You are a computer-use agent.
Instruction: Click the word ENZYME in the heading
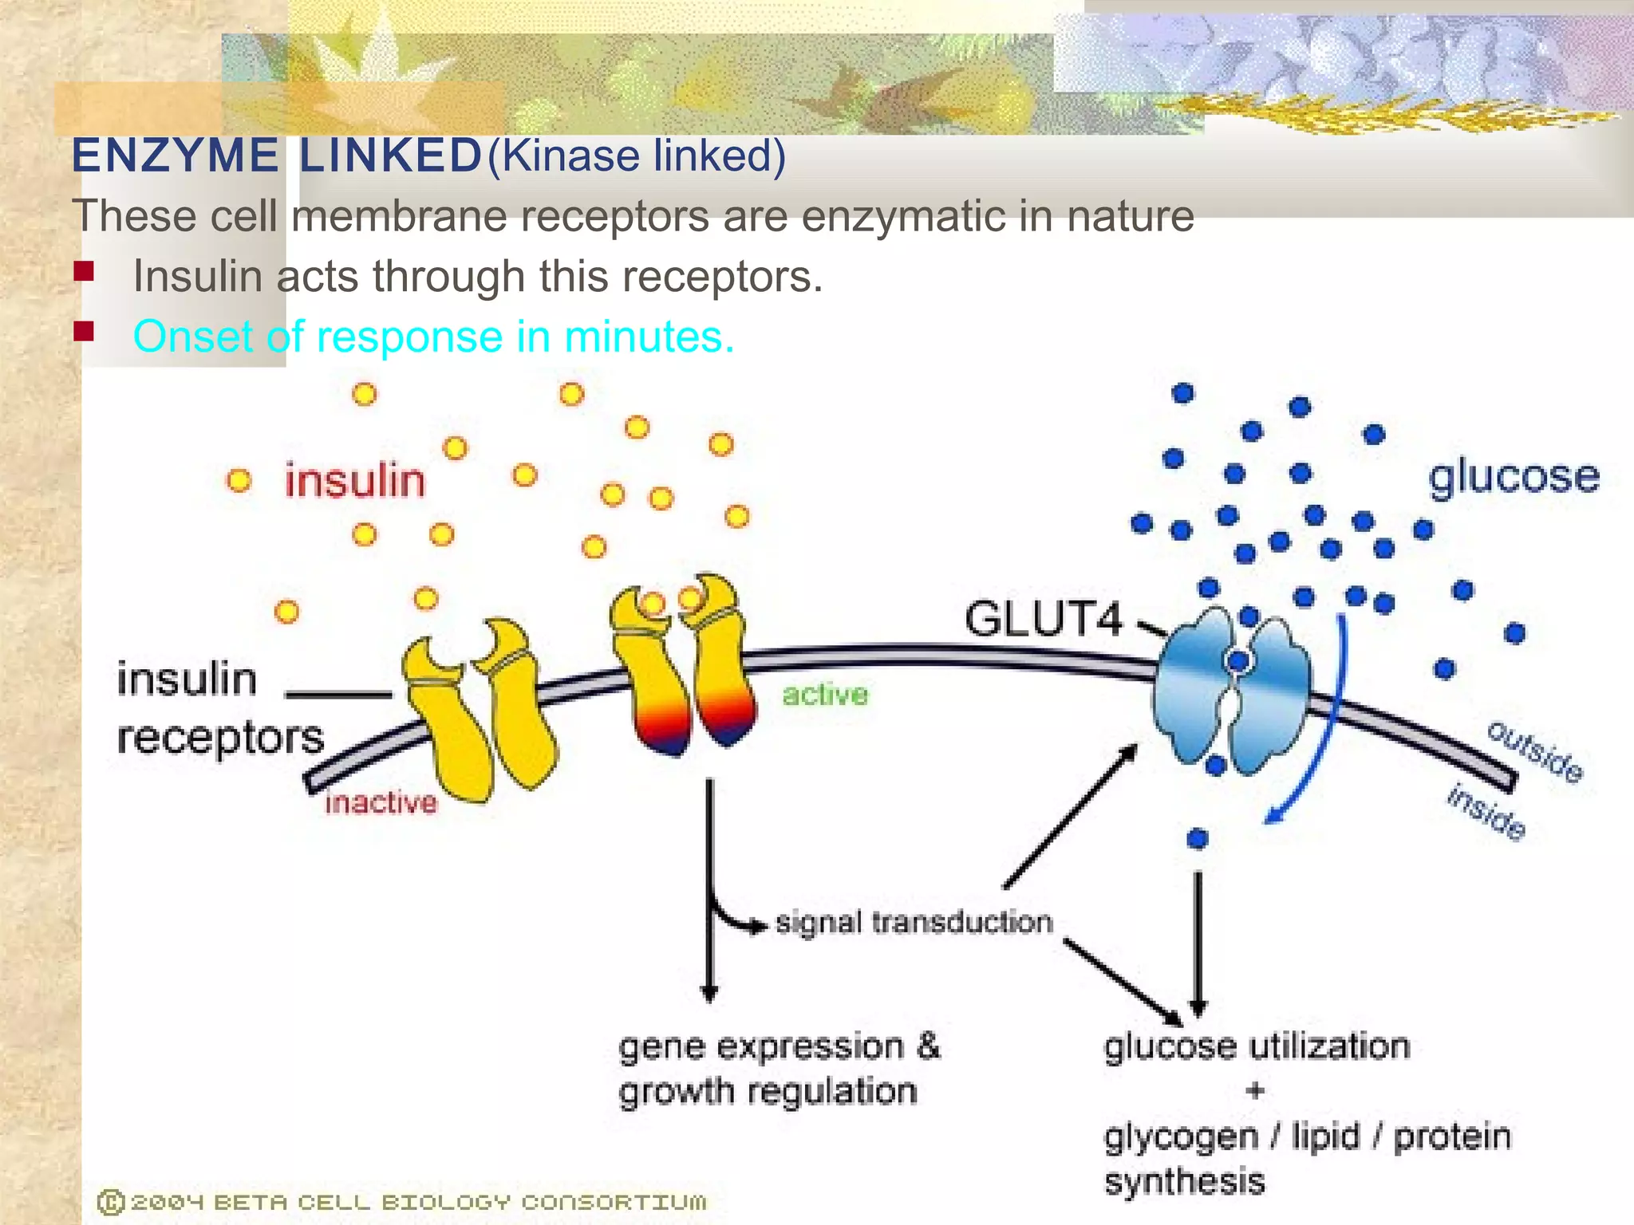[175, 156]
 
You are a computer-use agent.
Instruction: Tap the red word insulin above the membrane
[355, 481]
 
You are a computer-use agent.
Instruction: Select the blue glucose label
[1514, 478]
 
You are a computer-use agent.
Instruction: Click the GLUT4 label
[1044, 619]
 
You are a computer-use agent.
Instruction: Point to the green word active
[825, 695]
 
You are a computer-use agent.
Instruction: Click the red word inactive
[381, 802]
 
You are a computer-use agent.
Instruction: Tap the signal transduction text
[914, 923]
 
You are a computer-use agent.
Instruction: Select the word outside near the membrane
[1535, 752]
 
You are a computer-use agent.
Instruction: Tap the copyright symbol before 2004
[110, 1202]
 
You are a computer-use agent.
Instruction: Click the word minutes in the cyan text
[649, 337]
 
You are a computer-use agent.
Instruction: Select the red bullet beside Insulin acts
[84, 273]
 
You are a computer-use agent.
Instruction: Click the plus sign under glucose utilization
[1255, 1090]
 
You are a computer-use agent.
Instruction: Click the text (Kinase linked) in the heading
[637, 156]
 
